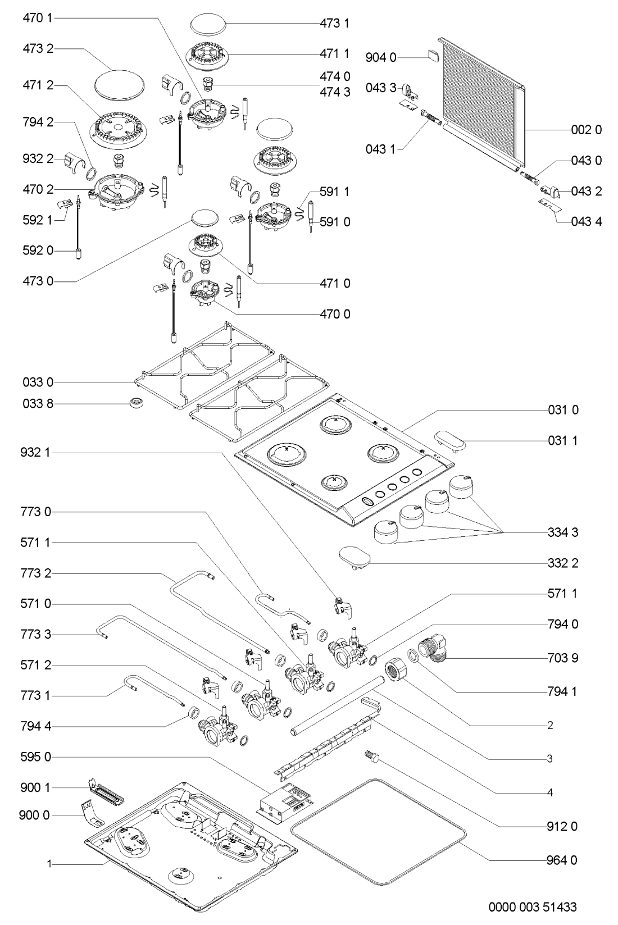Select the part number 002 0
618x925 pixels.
point(586,130)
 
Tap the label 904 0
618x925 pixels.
point(381,57)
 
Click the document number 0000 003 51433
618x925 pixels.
point(532,906)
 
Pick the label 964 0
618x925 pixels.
point(562,860)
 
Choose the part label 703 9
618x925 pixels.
point(562,658)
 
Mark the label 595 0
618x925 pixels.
point(37,757)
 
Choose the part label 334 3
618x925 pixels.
point(562,532)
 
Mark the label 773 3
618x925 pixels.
point(37,635)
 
